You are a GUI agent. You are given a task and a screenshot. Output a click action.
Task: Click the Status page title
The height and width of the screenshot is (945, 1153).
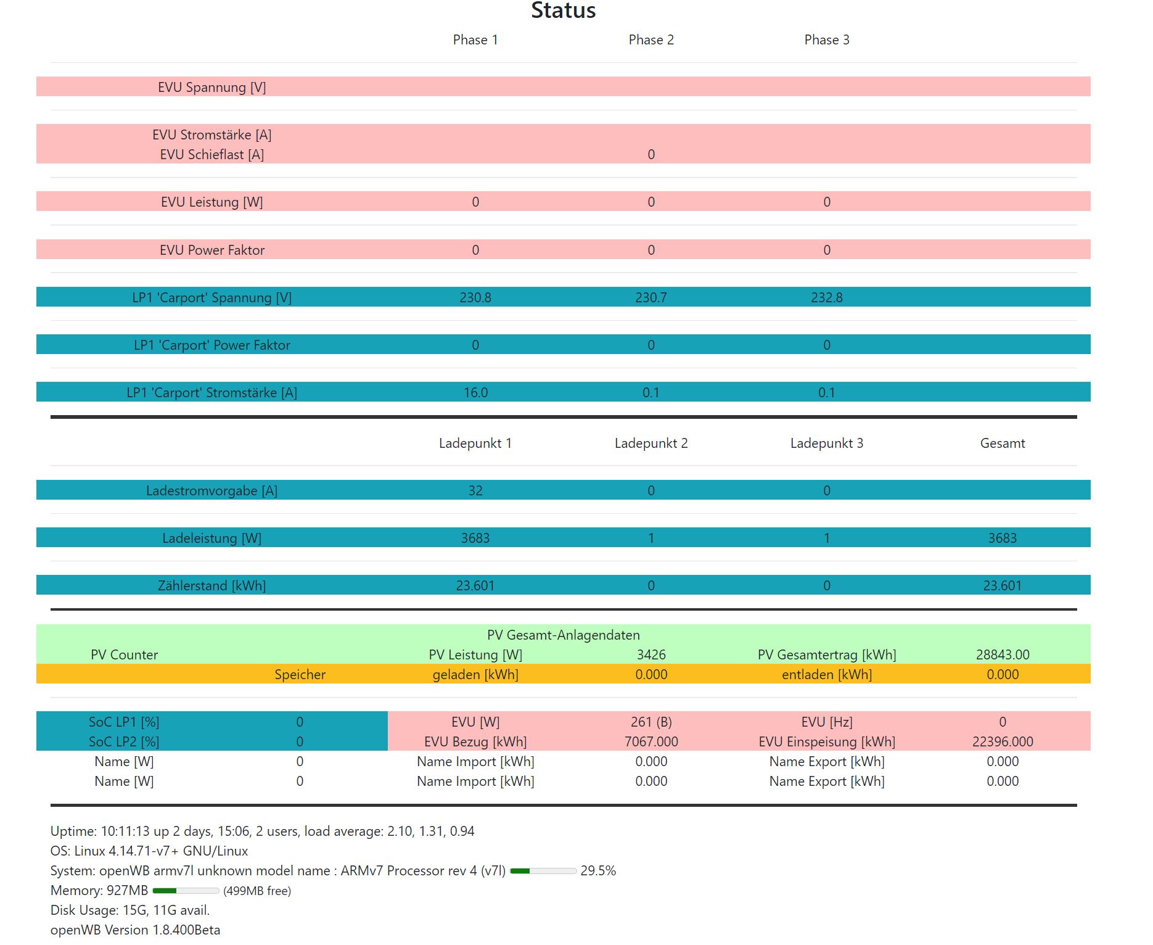click(x=563, y=10)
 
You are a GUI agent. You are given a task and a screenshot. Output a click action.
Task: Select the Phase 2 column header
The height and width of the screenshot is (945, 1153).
click(x=651, y=40)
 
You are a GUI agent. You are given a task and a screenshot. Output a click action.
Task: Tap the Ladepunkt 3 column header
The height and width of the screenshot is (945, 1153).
click(x=826, y=444)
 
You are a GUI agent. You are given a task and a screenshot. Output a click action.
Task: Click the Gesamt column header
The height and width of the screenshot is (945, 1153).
click(x=1002, y=444)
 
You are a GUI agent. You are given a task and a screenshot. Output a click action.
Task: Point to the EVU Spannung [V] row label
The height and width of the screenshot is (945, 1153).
click(x=211, y=88)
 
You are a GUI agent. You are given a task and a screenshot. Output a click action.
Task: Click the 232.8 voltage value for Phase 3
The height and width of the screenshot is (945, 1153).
click(x=826, y=298)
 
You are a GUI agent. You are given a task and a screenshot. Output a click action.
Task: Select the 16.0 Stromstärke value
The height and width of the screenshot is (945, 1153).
click(x=475, y=393)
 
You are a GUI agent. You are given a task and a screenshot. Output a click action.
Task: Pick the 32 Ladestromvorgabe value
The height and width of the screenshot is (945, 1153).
click(x=475, y=491)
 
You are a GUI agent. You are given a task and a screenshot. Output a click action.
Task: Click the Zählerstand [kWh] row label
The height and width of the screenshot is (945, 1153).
click(x=211, y=586)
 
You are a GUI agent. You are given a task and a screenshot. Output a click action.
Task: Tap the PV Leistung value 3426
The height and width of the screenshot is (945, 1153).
click(x=651, y=655)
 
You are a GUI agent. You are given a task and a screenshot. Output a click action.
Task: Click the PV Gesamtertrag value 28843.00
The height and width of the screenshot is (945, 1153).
click(x=1002, y=655)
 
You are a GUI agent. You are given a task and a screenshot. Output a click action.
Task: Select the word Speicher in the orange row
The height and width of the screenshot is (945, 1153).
click(x=300, y=675)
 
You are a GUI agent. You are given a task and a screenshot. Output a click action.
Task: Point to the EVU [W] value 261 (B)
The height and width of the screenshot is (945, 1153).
click(x=651, y=722)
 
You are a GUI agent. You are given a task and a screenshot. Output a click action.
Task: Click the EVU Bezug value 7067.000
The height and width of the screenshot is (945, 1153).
click(x=651, y=742)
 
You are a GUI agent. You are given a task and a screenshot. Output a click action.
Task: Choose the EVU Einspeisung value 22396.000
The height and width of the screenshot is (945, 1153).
click(x=1002, y=742)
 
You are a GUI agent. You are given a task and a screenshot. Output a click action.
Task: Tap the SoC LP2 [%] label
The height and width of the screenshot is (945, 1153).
click(x=124, y=742)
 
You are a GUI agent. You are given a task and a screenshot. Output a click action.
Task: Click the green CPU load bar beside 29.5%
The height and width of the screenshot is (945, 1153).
click(x=543, y=871)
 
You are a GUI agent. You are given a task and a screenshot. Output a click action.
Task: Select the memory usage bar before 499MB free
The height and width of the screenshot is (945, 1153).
click(x=185, y=891)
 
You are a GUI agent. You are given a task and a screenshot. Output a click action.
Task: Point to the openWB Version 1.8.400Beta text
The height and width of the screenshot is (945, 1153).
click(x=135, y=930)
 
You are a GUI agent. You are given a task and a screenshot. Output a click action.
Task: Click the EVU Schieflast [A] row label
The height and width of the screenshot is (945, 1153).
click(x=211, y=155)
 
